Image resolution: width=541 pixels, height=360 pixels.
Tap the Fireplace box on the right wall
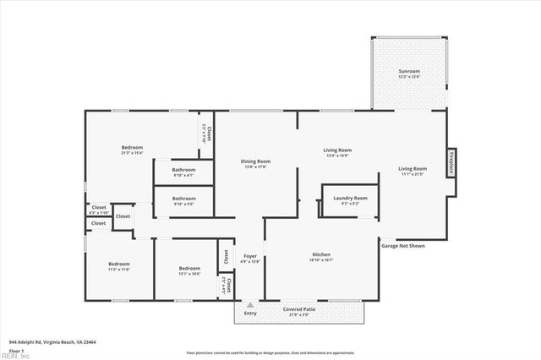pyautogui.click(x=452, y=161)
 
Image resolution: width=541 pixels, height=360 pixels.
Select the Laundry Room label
pyautogui.click(x=350, y=199)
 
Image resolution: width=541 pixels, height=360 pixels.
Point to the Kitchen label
pyautogui.click(x=321, y=256)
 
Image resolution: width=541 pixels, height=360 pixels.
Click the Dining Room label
pyautogui.click(x=255, y=163)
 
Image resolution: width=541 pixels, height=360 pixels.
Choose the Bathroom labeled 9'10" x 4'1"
pyautogui.click(x=183, y=172)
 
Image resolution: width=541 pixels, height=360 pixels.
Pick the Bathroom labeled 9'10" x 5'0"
pyautogui.click(x=183, y=200)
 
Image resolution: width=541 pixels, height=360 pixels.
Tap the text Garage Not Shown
pyautogui.click(x=403, y=246)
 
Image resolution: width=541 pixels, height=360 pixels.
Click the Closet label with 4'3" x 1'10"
pyautogui.click(x=99, y=209)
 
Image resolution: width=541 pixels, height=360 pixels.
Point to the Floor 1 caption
pyautogui.click(x=16, y=350)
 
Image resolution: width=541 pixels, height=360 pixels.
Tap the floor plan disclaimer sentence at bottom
pyautogui.click(x=270, y=352)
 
